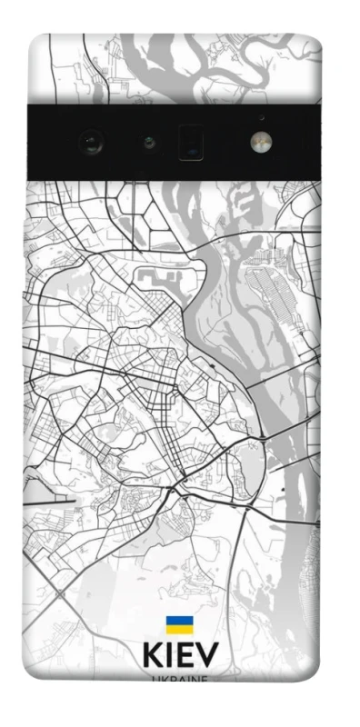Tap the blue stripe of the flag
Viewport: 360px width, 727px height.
[180, 620]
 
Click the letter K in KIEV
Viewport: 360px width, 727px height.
[152, 655]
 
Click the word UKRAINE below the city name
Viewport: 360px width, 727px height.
[180, 677]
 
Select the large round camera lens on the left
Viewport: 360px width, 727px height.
[91, 142]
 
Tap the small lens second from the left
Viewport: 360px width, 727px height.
[146, 142]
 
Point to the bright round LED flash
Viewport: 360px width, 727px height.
[260, 142]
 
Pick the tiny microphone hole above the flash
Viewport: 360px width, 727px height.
[261, 117]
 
